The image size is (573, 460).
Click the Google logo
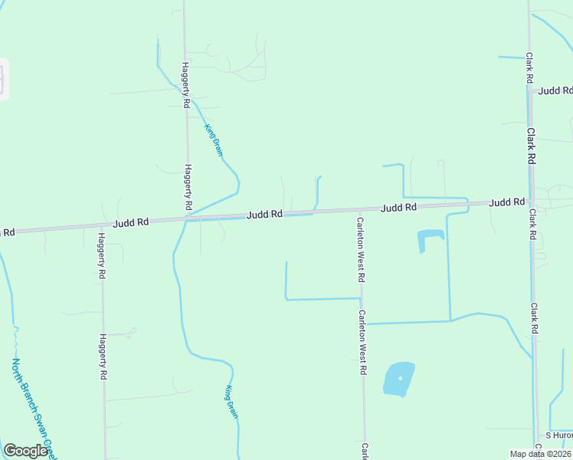tap(25, 451)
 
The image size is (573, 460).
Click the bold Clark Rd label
tap(530, 146)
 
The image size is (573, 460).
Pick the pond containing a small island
tap(398, 379)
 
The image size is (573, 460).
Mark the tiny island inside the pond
tap(401, 378)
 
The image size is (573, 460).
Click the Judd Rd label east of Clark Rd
tap(555, 90)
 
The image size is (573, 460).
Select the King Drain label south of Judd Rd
tap(232, 402)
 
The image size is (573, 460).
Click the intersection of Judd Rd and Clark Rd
tap(530, 202)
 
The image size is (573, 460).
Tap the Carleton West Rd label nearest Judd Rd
tap(360, 248)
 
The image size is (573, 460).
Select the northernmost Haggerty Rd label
tap(185, 84)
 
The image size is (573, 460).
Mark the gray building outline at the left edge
tap(2, 79)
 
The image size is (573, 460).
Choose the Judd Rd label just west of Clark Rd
tap(507, 202)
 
